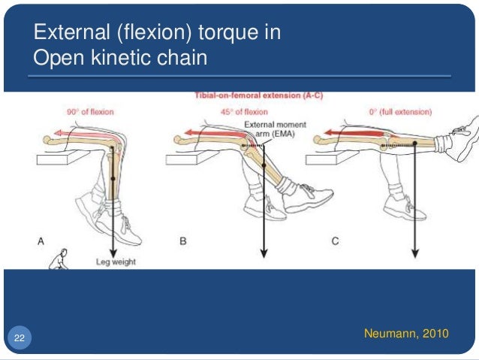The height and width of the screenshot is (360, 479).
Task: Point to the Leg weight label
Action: pos(116,262)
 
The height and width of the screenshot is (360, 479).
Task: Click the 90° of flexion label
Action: pos(89,112)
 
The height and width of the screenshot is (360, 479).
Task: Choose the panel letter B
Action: pos(182,241)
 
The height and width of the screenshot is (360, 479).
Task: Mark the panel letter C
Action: pos(336,241)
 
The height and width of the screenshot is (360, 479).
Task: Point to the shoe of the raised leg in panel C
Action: pos(459,143)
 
